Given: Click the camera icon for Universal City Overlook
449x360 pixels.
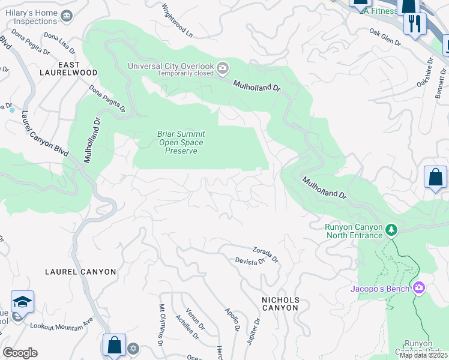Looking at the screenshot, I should point(223,67).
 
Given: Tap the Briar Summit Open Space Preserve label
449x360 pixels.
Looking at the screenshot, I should point(181,142).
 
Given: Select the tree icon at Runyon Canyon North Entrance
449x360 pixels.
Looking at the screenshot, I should point(391,230).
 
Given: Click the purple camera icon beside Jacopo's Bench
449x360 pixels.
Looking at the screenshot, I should point(418,289).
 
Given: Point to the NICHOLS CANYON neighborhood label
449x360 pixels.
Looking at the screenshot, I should point(280,304).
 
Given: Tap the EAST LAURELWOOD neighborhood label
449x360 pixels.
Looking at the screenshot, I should point(77,68).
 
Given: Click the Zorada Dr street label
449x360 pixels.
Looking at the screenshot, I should point(265,254).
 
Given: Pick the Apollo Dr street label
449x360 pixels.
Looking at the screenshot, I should point(232,320).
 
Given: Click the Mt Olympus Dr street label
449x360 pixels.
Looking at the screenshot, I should point(161,325).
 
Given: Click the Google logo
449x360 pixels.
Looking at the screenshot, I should point(20,353).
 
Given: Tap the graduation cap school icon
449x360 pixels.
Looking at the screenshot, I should point(22,301).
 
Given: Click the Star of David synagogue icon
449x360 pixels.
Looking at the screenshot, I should point(133,348).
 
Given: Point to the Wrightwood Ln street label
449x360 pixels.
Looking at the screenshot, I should point(178,21).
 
